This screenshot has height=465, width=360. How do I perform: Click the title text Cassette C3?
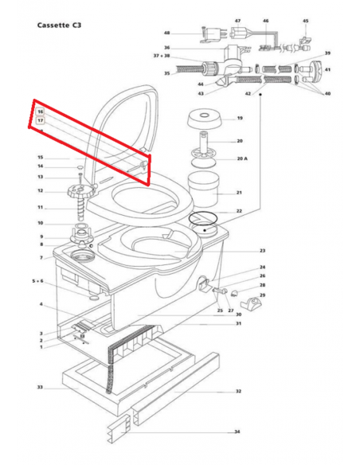[x=61, y=25]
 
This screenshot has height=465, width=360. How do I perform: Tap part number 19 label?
[x=239, y=119]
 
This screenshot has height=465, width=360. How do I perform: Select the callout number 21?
[x=239, y=193]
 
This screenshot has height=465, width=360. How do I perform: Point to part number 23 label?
[x=262, y=251]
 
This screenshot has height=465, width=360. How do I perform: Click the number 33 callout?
[x=39, y=388]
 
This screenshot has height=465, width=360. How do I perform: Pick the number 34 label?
[x=237, y=432]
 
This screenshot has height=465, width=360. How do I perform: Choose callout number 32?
[x=237, y=392]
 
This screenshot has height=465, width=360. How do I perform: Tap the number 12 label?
[x=40, y=191]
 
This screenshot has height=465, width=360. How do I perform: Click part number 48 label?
[x=166, y=33]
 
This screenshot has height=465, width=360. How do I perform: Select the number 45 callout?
[x=305, y=21]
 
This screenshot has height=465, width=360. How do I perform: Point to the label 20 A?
[x=242, y=158]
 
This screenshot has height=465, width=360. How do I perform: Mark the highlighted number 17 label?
[x=41, y=120]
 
